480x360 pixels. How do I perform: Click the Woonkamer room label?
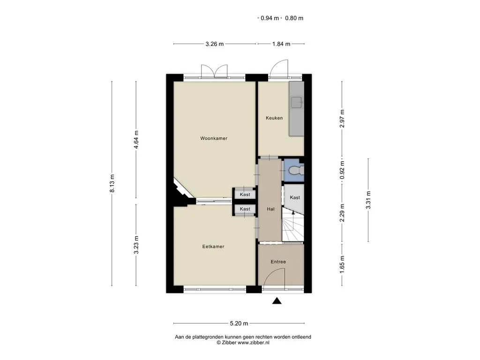click(x=214, y=138)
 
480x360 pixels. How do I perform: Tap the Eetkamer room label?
click(x=213, y=247)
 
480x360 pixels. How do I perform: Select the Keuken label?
click(x=274, y=118)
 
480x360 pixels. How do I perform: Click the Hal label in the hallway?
click(x=270, y=209)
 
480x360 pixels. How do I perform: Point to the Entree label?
click(x=278, y=262)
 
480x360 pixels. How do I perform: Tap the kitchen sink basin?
click(x=297, y=102)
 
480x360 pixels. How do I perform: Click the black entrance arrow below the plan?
click(x=277, y=301)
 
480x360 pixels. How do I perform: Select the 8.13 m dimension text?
click(x=112, y=183)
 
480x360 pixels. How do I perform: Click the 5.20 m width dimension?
click(x=239, y=323)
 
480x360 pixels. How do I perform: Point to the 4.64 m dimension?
click(x=136, y=140)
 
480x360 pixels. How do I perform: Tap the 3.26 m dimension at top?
click(x=214, y=44)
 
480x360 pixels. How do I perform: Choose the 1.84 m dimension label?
click(x=281, y=44)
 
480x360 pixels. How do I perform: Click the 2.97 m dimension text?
click(x=342, y=119)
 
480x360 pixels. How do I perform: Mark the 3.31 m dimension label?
click(x=368, y=200)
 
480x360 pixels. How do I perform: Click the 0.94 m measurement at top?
click(x=270, y=18)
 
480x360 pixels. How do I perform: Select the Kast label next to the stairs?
click(x=295, y=197)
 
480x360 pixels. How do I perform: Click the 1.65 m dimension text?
click(x=342, y=264)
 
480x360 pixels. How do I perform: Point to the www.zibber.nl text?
click(x=254, y=343)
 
